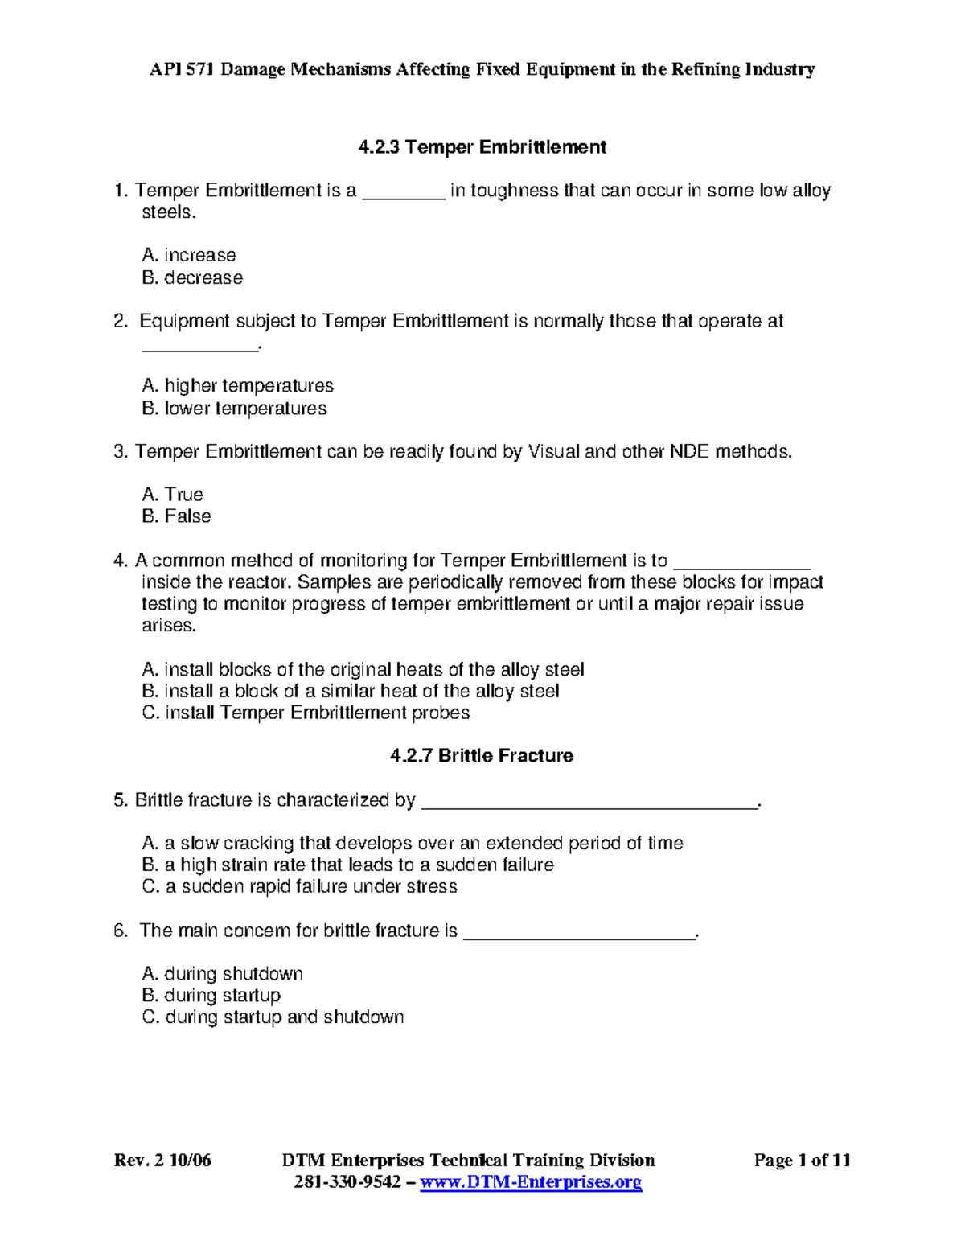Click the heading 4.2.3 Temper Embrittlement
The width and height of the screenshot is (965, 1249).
coord(482,147)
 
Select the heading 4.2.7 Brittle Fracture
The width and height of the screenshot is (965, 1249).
coord(481,756)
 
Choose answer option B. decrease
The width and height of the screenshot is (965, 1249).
coord(192,278)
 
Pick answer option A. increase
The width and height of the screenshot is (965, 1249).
coord(189,256)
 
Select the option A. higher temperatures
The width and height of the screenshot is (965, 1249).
coord(237,386)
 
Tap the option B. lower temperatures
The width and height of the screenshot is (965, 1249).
coord(234,409)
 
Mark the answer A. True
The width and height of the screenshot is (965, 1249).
coord(172,495)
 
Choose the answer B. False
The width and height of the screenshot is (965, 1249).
coord(176,516)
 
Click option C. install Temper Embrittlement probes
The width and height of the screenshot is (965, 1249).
coord(306,713)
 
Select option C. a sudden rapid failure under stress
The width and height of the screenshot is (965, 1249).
coord(299,887)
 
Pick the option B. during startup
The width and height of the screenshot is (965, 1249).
coord(211,996)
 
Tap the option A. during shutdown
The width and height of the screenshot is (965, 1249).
coord(222,974)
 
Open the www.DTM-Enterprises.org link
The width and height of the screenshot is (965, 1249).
coord(531,1182)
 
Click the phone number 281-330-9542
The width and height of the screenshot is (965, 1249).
coord(347,1182)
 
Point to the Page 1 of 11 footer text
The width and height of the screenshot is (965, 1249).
coord(802,1161)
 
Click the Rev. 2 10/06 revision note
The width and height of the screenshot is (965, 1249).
coord(162,1161)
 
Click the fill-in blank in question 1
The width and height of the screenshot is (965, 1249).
coord(404,193)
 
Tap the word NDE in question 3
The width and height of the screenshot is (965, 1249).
coord(689,452)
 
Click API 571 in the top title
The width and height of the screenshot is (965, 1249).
coord(183,70)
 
